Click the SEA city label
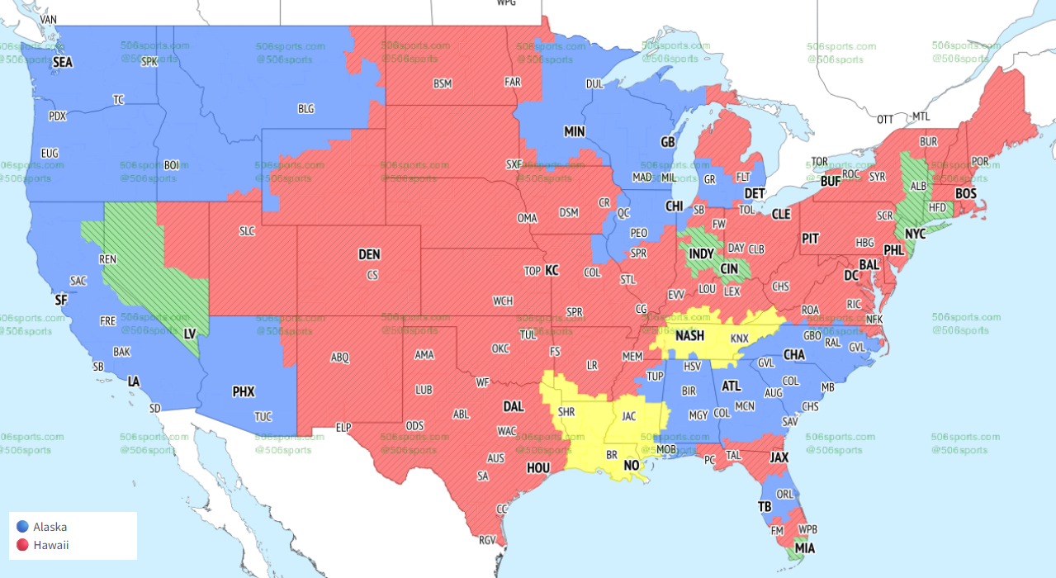[x=62, y=62]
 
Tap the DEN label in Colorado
[x=369, y=255]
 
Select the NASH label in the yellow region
[x=689, y=336]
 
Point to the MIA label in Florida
[x=803, y=547]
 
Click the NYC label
[x=915, y=235]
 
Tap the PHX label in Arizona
[x=244, y=392]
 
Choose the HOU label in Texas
[x=537, y=467]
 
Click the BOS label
[x=965, y=193]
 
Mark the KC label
[x=552, y=270]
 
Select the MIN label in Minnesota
[x=574, y=131]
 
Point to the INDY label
[x=701, y=253]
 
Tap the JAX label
[x=779, y=457]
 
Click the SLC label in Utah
[x=247, y=231]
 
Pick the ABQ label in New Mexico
[x=339, y=358]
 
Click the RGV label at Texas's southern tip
[x=488, y=540]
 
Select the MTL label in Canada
[x=921, y=116]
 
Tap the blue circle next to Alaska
[x=22, y=527]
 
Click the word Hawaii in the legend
[x=50, y=545]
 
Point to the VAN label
[x=49, y=19]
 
